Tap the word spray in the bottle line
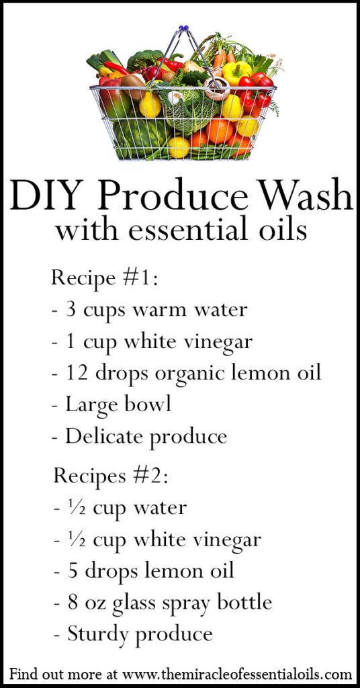(x=191, y=603)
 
